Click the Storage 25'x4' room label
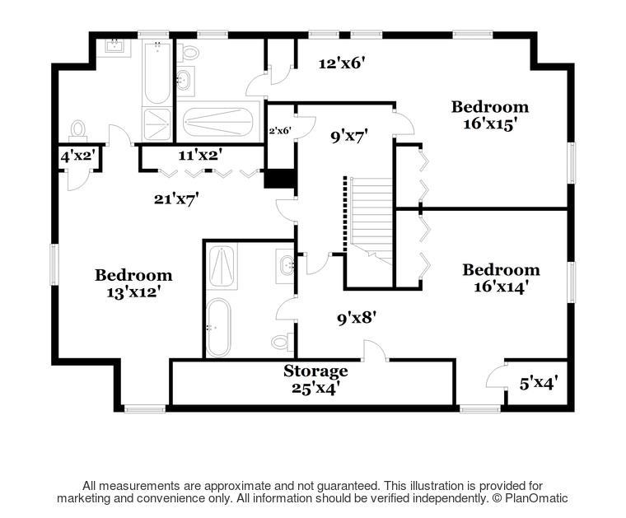(315, 380)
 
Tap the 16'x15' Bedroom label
(490, 115)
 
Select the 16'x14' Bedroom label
(501, 278)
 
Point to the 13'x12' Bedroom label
(133, 283)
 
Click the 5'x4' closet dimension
(538, 383)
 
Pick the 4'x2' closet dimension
(78, 156)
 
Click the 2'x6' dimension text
(280, 130)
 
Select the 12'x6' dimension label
(342, 63)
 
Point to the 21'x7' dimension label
(176, 198)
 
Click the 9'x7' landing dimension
(349, 137)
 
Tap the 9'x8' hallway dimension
(357, 319)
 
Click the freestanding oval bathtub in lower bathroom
(219, 327)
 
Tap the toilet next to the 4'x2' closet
(78, 130)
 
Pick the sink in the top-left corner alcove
(114, 46)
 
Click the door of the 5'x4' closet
(496, 376)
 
